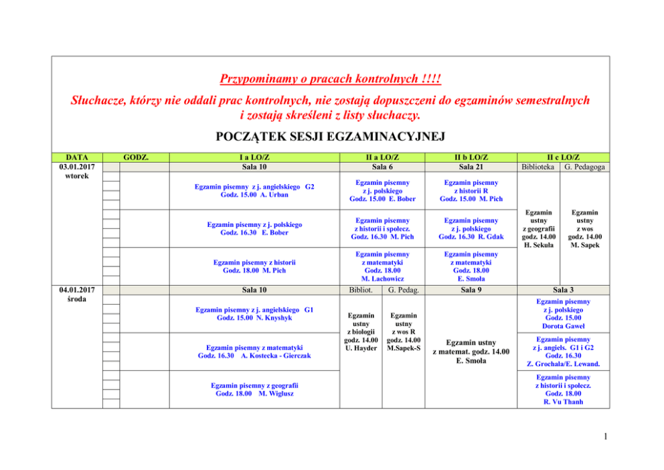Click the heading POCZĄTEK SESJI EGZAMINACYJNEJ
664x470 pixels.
pos(331,138)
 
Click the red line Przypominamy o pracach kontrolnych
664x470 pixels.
pos(331,80)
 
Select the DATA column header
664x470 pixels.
pos(76,157)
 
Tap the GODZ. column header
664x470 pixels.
pos(137,157)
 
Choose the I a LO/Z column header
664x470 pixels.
pos(254,157)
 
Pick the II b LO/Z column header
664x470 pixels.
pos(471,157)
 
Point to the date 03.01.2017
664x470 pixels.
pos(76,167)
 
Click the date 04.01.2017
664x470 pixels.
pos(76,289)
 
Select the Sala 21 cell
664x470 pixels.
pos(471,167)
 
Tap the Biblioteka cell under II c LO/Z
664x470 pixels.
pos(539,167)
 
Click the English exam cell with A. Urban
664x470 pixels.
pos(254,190)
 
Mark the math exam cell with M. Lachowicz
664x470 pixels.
pos(382,266)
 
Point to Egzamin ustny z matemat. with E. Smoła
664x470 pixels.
pos(471,351)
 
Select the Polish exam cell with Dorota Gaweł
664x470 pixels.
pos(563,314)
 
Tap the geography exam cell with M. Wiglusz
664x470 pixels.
pos(254,389)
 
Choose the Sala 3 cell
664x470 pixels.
pos(563,290)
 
